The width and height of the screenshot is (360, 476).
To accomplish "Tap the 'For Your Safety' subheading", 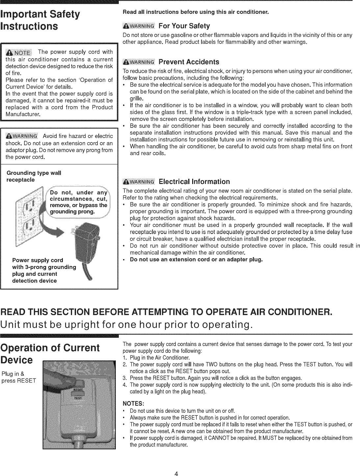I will [x=184, y=26].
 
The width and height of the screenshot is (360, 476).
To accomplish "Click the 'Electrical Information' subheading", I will [x=194, y=182].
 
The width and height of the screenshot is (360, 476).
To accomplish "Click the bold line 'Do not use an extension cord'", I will [x=196, y=259].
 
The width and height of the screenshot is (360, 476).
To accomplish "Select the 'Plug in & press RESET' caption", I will [x=16, y=378].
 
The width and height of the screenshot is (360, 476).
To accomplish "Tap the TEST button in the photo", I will [x=78, y=397].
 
